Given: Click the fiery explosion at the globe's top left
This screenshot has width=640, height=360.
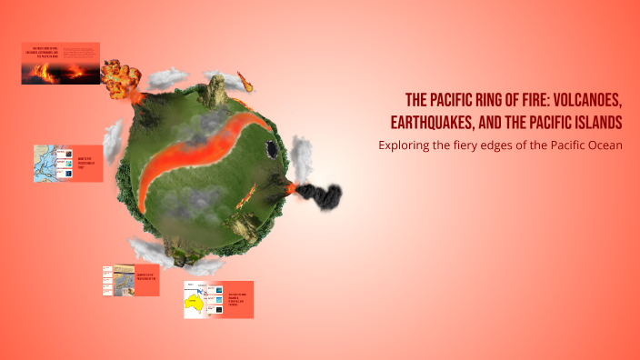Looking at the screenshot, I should click(119, 79).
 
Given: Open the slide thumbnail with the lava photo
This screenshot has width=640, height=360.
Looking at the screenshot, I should click(61, 64).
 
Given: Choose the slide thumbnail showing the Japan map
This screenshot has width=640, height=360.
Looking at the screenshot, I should click(131, 280).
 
